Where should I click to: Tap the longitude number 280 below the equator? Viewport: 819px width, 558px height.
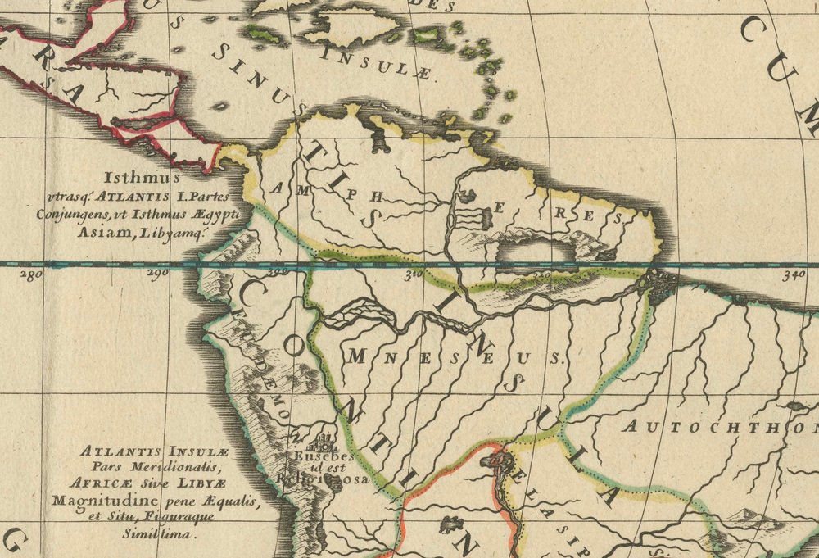[30, 275]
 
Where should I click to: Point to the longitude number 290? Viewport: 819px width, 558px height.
[157, 275]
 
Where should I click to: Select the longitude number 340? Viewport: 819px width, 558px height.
[793, 275]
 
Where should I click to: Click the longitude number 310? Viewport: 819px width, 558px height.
[412, 275]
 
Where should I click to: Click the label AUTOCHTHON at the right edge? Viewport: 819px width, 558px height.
[721, 427]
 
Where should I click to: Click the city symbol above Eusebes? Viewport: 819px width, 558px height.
[322, 440]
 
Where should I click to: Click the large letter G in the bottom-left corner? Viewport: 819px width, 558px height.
[16, 541]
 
